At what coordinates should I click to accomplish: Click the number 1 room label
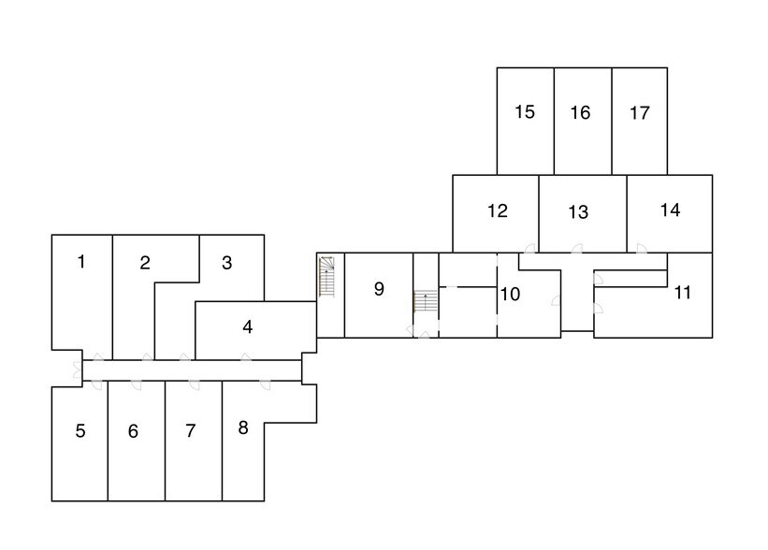(x=81, y=262)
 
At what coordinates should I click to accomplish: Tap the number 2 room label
(x=144, y=263)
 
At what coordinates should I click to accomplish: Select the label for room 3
(x=226, y=263)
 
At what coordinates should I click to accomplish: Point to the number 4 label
(x=247, y=326)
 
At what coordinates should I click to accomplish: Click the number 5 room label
(x=80, y=431)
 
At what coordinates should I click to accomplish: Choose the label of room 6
(x=133, y=431)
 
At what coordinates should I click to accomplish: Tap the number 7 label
(x=191, y=431)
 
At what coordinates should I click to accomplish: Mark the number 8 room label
(x=243, y=428)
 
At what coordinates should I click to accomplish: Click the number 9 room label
(x=379, y=289)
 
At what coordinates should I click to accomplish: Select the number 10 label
(x=510, y=295)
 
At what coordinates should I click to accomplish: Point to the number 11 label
(x=682, y=293)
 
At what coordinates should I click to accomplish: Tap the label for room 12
(x=497, y=211)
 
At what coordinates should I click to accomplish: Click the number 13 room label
(x=578, y=212)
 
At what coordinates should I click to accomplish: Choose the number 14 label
(x=670, y=210)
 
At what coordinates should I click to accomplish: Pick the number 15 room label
(x=525, y=112)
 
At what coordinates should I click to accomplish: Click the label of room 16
(x=580, y=113)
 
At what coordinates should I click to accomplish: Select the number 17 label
(x=639, y=113)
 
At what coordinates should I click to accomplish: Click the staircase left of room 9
(x=326, y=277)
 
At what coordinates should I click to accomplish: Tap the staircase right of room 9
(x=425, y=301)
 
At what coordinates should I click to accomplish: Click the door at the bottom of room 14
(x=642, y=248)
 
